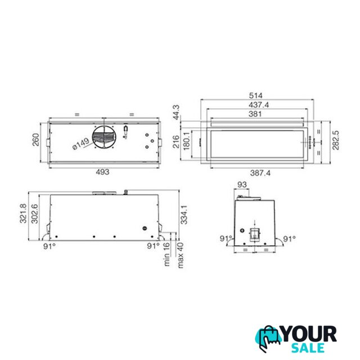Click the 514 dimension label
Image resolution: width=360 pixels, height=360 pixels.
click(x=255, y=95)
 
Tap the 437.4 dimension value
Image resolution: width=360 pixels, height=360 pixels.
click(x=259, y=105)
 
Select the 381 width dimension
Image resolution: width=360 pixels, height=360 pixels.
click(x=255, y=114)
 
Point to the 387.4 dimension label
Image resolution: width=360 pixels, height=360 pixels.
click(x=260, y=173)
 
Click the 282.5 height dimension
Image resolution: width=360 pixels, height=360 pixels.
click(x=336, y=140)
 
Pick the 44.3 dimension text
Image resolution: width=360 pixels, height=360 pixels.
click(x=176, y=112)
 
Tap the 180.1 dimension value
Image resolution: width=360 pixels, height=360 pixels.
click(x=186, y=141)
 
